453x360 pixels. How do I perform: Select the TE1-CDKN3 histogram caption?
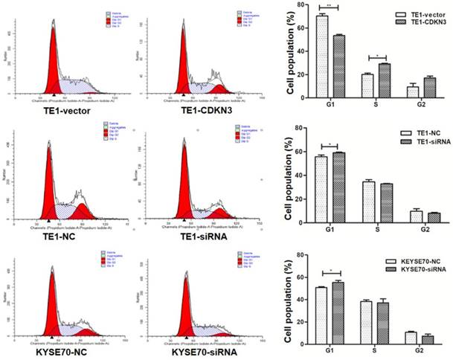click(x=186, y=110)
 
